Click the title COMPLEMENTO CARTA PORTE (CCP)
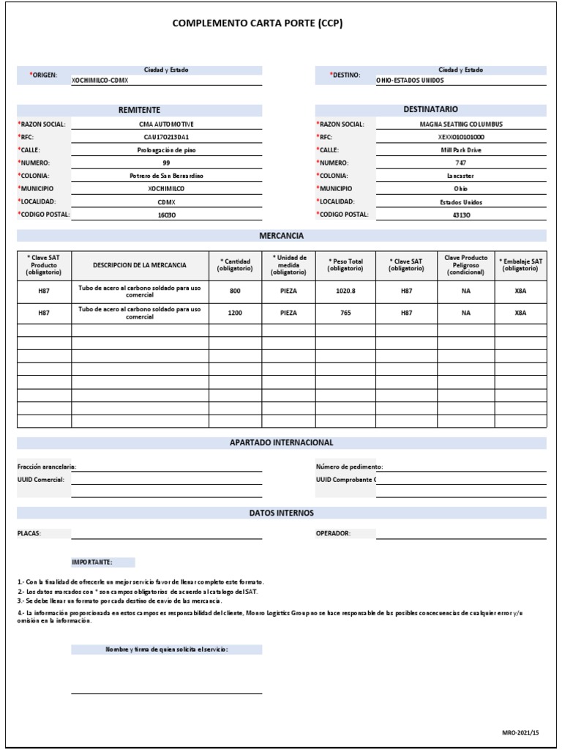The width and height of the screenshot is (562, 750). [257, 23]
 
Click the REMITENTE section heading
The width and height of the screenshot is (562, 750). [139, 110]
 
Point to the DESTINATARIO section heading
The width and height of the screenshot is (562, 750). [431, 110]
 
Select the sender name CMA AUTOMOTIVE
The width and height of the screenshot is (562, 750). [166, 125]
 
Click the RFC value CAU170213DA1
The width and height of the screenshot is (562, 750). [166, 137]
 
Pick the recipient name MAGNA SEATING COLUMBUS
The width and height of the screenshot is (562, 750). [460, 125]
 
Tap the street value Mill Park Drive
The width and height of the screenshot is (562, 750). [460, 150]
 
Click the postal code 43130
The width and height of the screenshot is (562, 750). [460, 215]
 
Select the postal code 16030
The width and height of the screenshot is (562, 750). [166, 215]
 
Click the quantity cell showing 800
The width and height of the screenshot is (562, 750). [234, 291]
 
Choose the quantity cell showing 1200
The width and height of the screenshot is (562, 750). [234, 313]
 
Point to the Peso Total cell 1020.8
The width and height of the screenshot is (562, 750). [345, 291]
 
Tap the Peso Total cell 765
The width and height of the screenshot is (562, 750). [345, 313]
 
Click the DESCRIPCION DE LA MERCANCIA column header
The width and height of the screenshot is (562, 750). [139, 265]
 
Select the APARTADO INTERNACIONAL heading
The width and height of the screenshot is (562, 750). [281, 443]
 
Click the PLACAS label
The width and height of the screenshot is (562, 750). [29, 534]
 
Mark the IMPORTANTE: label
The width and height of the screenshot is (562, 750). [91, 562]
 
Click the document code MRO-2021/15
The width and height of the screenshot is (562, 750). [520, 732]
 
